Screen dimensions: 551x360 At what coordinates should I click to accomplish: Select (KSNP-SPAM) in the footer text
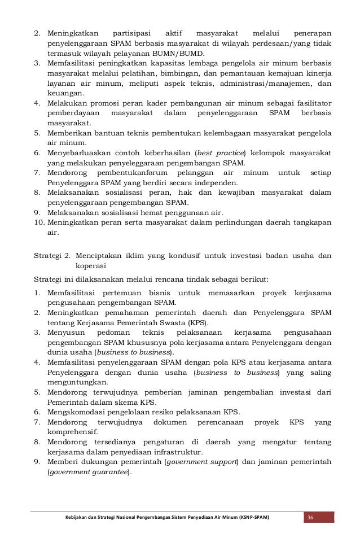point(249,518)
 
